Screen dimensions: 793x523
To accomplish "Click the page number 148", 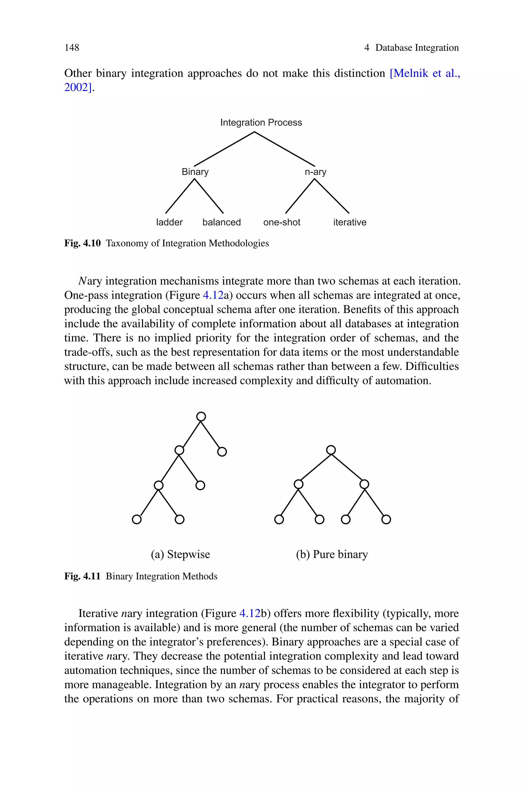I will (x=72, y=48).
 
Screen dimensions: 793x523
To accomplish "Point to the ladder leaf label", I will (x=170, y=222).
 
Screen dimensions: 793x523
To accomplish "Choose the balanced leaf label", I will (x=221, y=222).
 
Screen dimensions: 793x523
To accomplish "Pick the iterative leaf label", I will (x=350, y=222).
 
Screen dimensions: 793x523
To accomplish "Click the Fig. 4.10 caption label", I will (x=82, y=243).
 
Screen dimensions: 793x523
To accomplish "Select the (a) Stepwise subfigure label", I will (x=181, y=554).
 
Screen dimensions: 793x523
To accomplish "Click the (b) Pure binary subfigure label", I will (x=332, y=554).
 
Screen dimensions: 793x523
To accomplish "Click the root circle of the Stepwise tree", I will (x=201, y=417).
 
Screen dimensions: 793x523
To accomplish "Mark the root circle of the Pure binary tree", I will (x=331, y=450).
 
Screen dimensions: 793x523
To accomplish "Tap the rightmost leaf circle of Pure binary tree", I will (x=386, y=519).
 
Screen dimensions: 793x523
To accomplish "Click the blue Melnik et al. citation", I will (x=425, y=73).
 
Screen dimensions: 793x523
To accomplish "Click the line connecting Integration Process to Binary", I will (x=224, y=149).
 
